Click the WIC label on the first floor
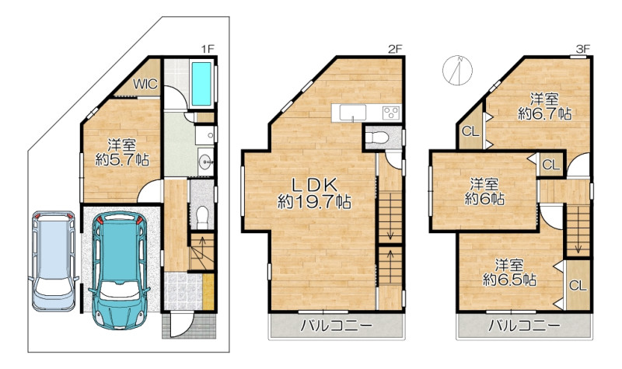click(x=145, y=84)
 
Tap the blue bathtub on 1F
click(x=201, y=84)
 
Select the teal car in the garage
click(x=119, y=270)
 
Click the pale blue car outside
click(x=54, y=260)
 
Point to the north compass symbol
click(x=458, y=70)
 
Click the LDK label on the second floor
click(x=315, y=185)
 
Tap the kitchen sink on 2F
click(x=353, y=113)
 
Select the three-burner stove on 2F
click(x=391, y=113)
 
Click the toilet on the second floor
click(x=376, y=138)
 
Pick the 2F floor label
click(x=395, y=49)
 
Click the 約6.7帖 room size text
click(x=545, y=114)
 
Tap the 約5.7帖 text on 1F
click(x=122, y=160)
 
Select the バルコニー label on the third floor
click(x=523, y=326)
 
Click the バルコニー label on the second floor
click(x=336, y=326)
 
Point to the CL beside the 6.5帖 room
click(x=578, y=285)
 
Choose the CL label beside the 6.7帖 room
click(x=470, y=131)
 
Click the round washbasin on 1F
click(x=205, y=162)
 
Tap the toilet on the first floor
click(x=202, y=217)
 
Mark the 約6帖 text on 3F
click(x=484, y=199)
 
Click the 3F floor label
click(x=583, y=49)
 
